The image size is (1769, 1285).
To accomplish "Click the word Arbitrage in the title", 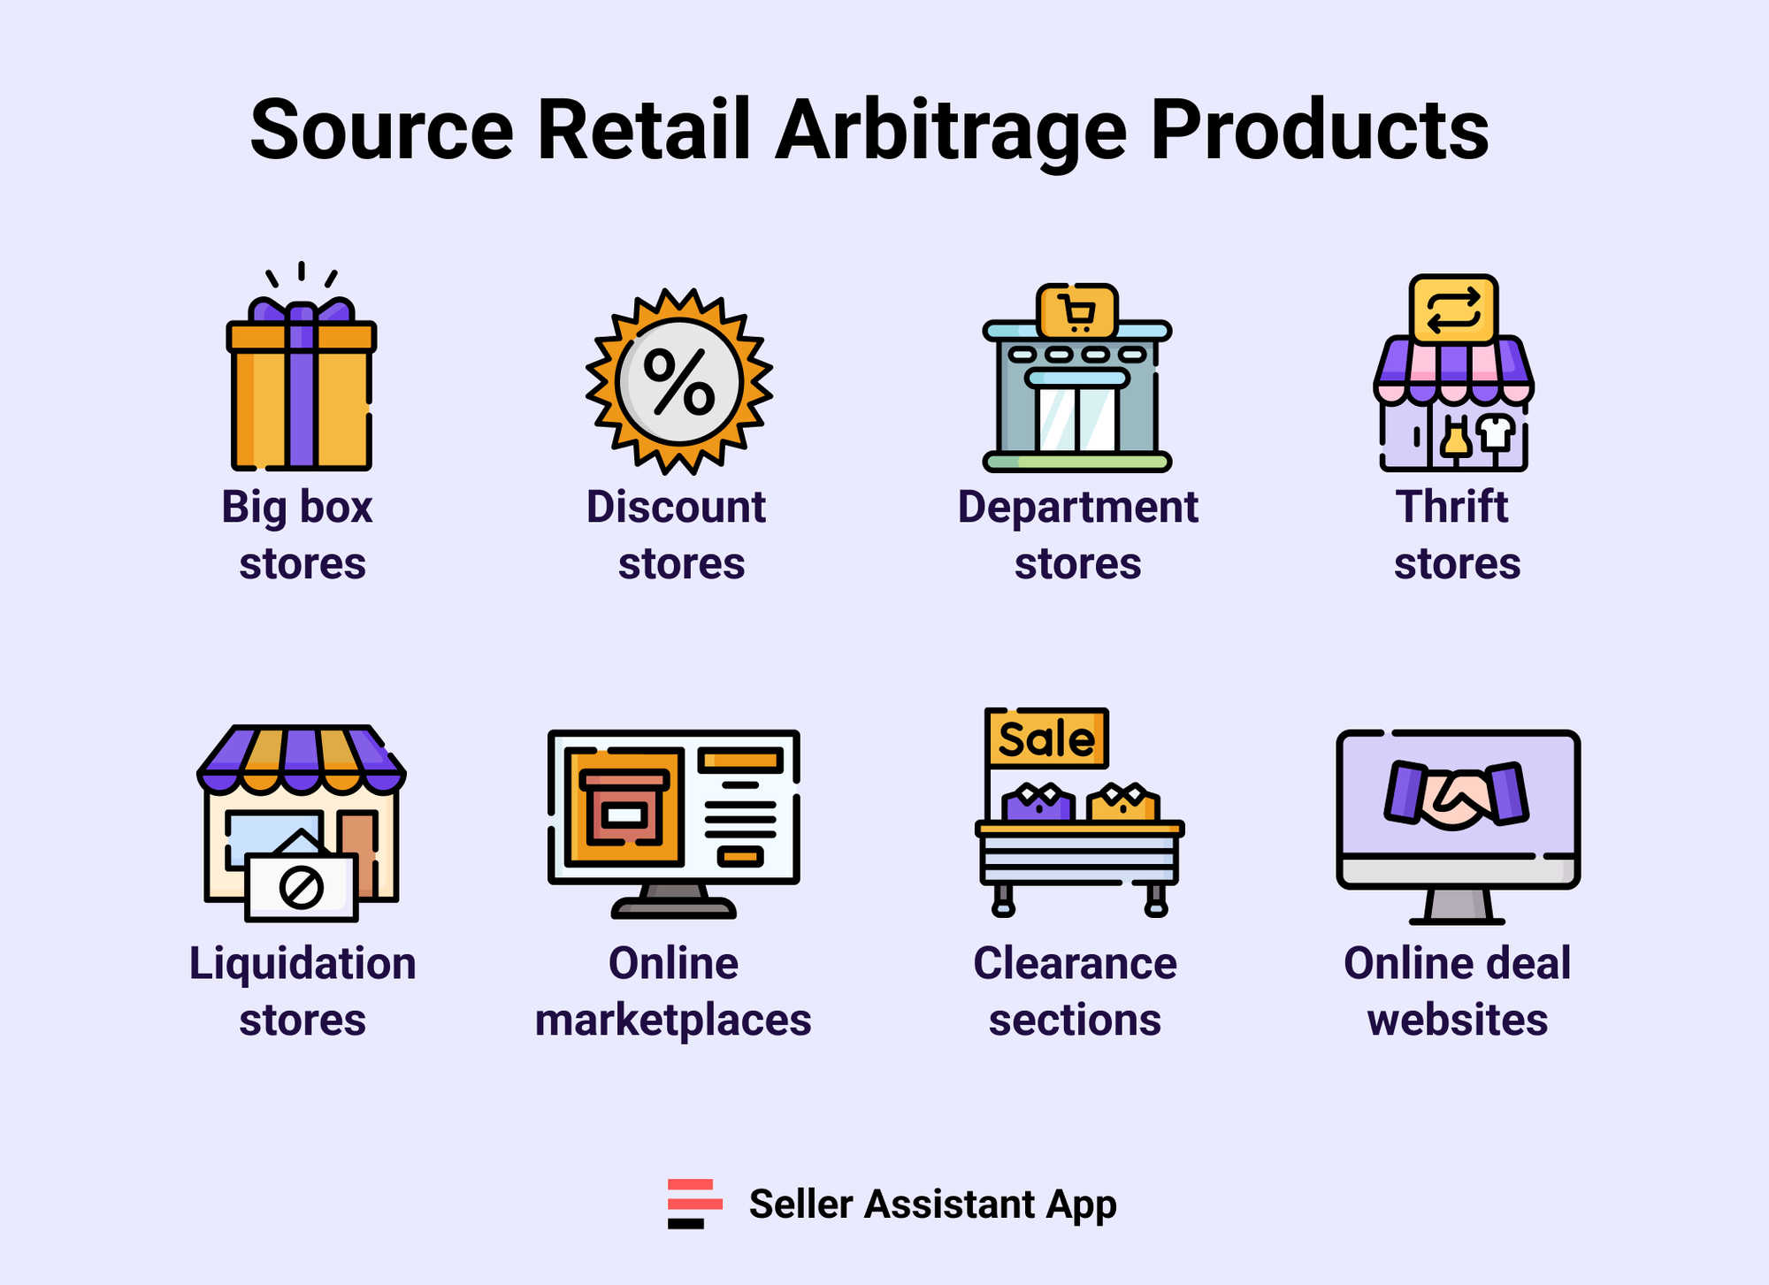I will [x=951, y=131].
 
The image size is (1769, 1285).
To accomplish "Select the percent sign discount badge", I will [x=678, y=381].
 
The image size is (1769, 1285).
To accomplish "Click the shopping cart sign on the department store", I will [x=1076, y=311].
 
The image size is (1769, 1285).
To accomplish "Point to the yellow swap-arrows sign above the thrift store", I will [x=1453, y=310].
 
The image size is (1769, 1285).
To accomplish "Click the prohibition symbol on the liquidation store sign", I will [x=301, y=887].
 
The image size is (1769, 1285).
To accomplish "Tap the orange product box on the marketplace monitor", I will [x=624, y=807].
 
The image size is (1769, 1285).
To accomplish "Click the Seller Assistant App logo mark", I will [x=694, y=1204].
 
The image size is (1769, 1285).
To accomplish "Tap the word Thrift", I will [x=1451, y=508].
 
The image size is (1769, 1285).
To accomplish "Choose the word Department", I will [x=1077, y=508].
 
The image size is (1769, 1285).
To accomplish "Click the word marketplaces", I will [x=673, y=1020].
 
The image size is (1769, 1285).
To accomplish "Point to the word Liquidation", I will [x=302, y=963].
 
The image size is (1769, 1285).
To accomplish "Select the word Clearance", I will [x=1075, y=963].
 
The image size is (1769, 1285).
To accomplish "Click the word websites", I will [x=1457, y=1020].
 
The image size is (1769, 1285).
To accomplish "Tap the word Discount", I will [x=676, y=508].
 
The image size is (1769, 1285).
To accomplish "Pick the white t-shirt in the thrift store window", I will [x=1496, y=432].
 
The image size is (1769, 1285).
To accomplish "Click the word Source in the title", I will [x=381, y=131].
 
